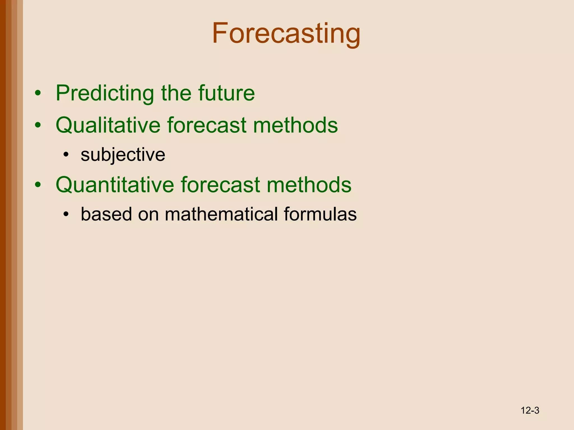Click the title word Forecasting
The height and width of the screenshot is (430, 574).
pos(286,34)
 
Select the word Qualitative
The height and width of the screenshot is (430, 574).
pos(108,125)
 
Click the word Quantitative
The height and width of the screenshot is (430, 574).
pos(115,185)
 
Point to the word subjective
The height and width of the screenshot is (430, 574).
pos(123,155)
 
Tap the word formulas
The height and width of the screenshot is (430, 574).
pos(320,214)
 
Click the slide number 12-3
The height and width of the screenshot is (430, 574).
pos(530,410)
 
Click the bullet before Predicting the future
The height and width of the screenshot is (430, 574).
pos(38,94)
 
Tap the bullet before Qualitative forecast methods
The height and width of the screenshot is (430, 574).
pos(38,125)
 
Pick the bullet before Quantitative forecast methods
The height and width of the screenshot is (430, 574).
pos(38,185)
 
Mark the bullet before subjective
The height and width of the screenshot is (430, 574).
pos(66,155)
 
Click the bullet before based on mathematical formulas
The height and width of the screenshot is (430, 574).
pos(66,215)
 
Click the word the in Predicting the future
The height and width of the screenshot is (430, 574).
pos(176,93)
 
